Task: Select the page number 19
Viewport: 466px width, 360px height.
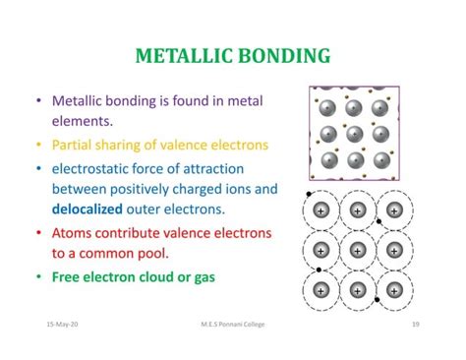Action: pyautogui.click(x=417, y=323)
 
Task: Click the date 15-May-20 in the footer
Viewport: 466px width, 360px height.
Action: pyautogui.click(x=63, y=323)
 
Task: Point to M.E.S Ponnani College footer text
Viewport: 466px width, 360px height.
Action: pyautogui.click(x=233, y=323)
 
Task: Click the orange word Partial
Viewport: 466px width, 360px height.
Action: pyautogui.click(x=72, y=145)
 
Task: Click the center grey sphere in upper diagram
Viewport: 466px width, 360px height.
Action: pyautogui.click(x=354, y=134)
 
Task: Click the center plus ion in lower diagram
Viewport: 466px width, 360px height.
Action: pyautogui.click(x=357, y=250)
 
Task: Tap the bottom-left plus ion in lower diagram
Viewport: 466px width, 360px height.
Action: pyautogui.click(x=320, y=290)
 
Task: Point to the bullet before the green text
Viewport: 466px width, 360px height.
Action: pyautogui.click(x=37, y=276)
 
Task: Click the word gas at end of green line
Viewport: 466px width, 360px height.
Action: pyautogui.click(x=202, y=277)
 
